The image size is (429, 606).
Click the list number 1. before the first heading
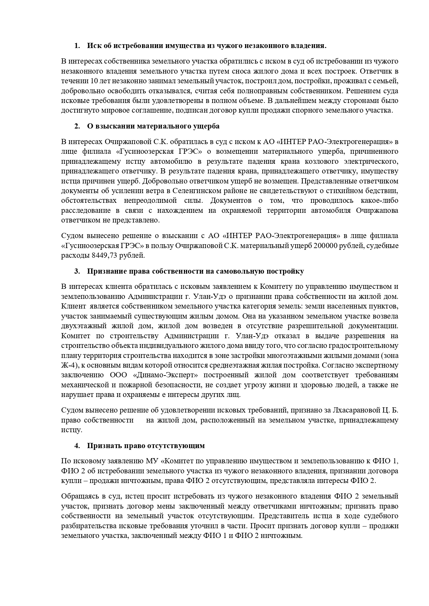(x=77, y=46)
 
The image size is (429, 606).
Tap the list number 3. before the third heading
(x=77, y=271)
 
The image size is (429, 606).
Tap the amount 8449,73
(x=103, y=256)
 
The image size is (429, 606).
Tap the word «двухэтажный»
(x=84, y=326)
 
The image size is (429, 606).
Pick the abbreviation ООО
(x=119, y=375)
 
